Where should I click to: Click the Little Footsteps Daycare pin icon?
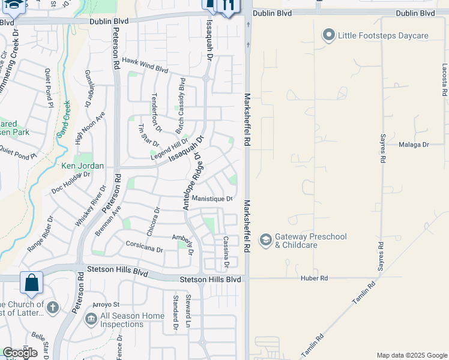tap(328, 35)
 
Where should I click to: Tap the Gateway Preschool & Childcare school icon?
tap(265, 240)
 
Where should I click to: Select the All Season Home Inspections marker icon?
tap(91, 318)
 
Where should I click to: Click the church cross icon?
tap(52, 308)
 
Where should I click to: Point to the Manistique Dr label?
tap(212, 199)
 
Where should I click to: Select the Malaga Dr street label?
tap(414, 145)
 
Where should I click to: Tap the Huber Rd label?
tap(315, 278)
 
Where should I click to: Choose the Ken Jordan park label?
tap(83, 166)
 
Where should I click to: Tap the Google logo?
tap(20, 353)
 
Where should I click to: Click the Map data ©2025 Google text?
tap(412, 355)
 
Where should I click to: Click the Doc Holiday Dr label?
tap(70, 182)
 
